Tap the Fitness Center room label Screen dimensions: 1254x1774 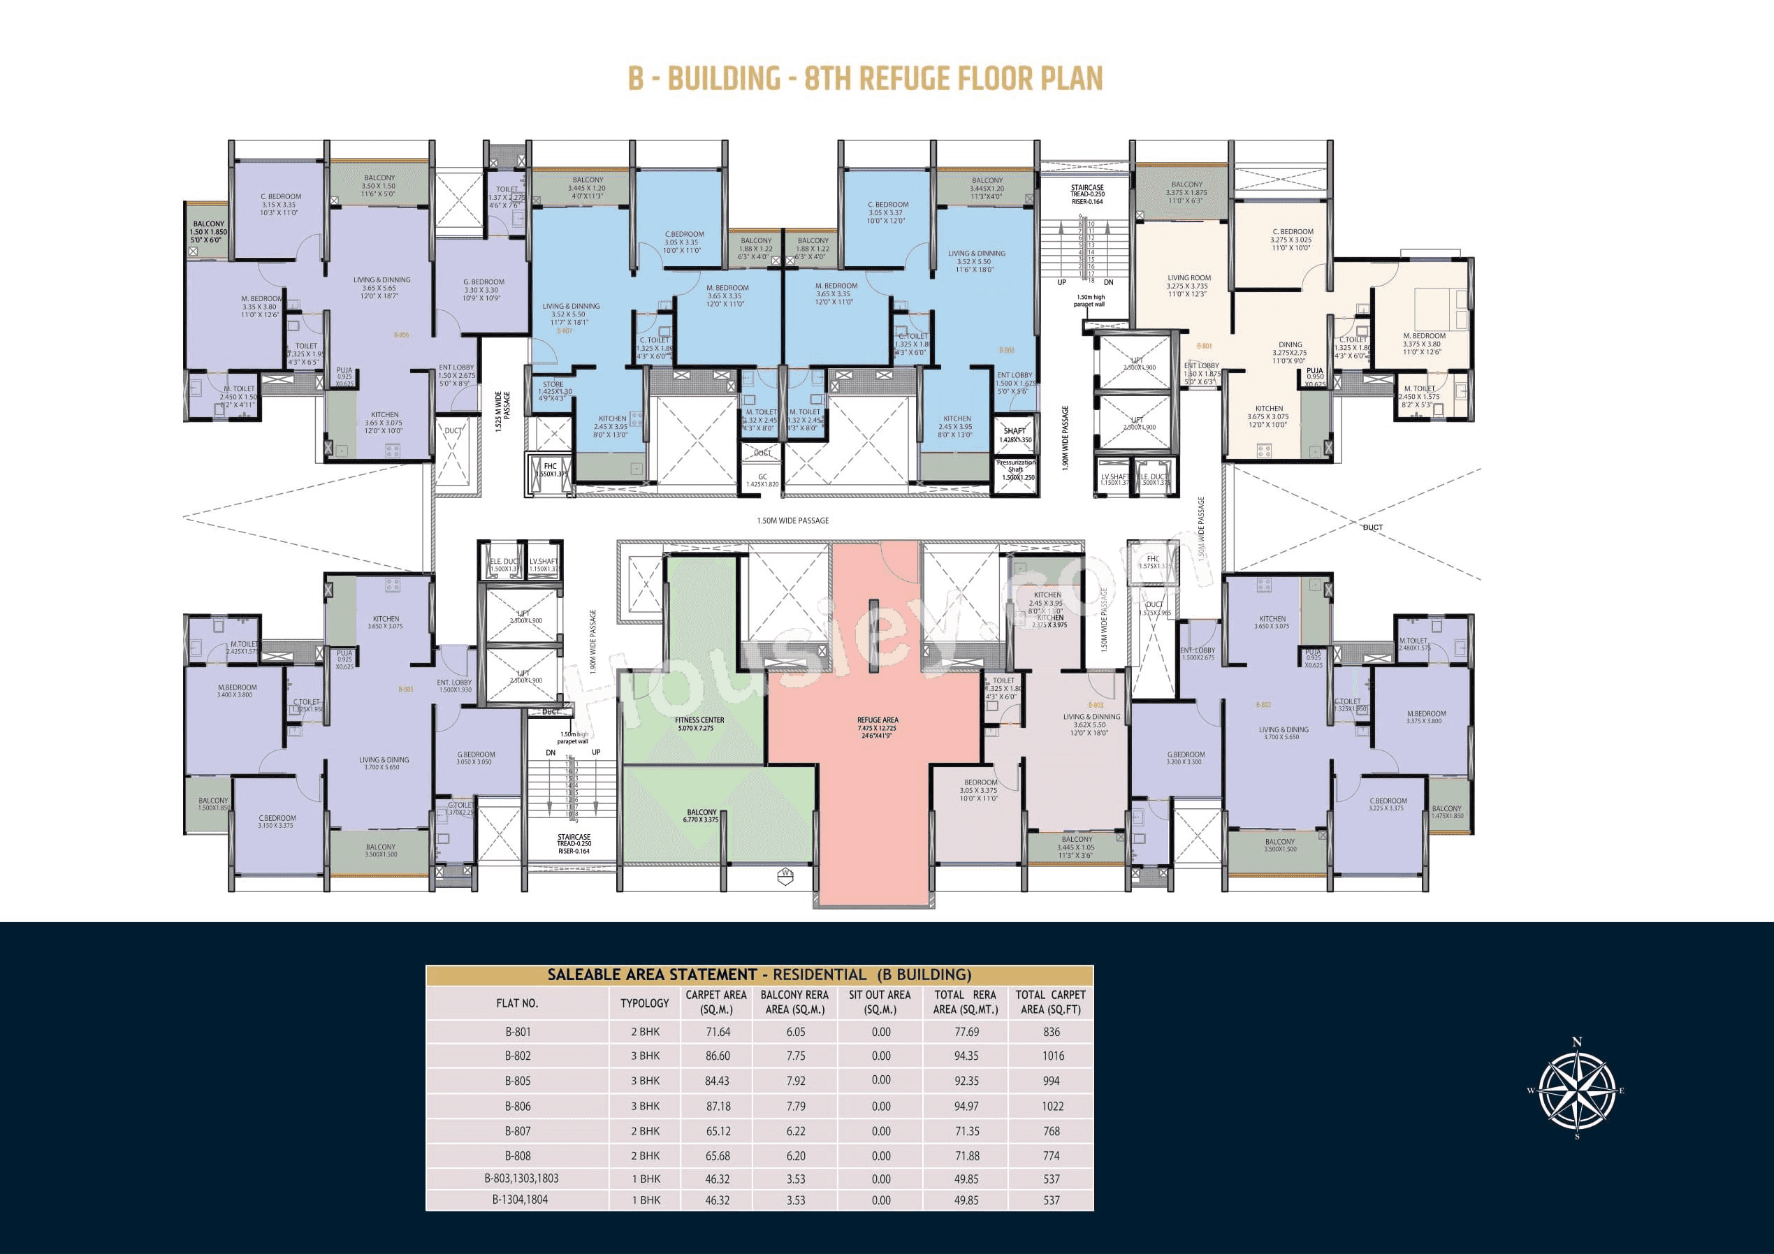(699, 724)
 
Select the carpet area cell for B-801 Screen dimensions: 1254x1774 (717, 1031)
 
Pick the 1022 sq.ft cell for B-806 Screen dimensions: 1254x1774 (1052, 1106)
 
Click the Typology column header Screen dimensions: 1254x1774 (644, 1003)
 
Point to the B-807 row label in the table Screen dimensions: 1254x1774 (518, 1130)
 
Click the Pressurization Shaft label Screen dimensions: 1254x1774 (1015, 469)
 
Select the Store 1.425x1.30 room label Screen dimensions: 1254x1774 (554, 388)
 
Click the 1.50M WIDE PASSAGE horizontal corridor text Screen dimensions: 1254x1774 (793, 520)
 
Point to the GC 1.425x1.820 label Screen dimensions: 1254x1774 (762, 481)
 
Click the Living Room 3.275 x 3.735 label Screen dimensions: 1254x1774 (1189, 285)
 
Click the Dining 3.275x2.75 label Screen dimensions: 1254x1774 (1290, 352)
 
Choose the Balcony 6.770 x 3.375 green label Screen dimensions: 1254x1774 (701, 816)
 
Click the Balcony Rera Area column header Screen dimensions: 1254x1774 (794, 1002)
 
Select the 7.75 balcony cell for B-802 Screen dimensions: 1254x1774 (795, 1056)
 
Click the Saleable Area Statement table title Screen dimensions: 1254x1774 (759, 975)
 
